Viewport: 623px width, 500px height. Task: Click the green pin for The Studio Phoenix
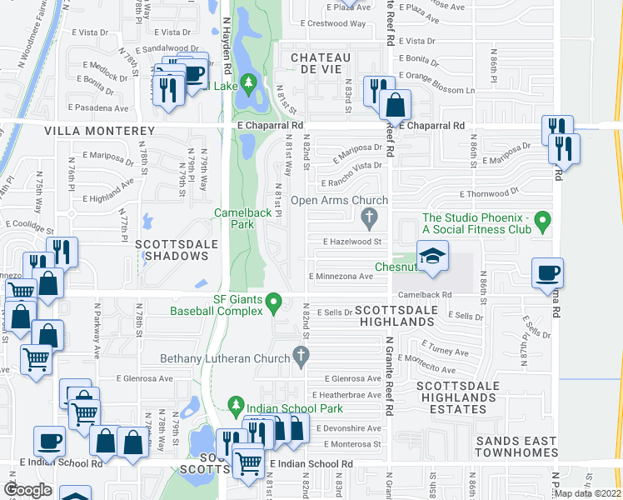(543, 222)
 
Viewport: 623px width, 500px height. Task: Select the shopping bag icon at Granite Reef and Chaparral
(396, 104)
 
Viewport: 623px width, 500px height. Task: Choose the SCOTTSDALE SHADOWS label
(176, 250)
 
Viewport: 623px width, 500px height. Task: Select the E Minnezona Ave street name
(341, 276)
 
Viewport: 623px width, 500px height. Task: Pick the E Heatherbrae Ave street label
(346, 395)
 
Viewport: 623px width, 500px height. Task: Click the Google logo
(27, 490)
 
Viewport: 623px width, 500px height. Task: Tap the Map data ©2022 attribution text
(587, 493)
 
